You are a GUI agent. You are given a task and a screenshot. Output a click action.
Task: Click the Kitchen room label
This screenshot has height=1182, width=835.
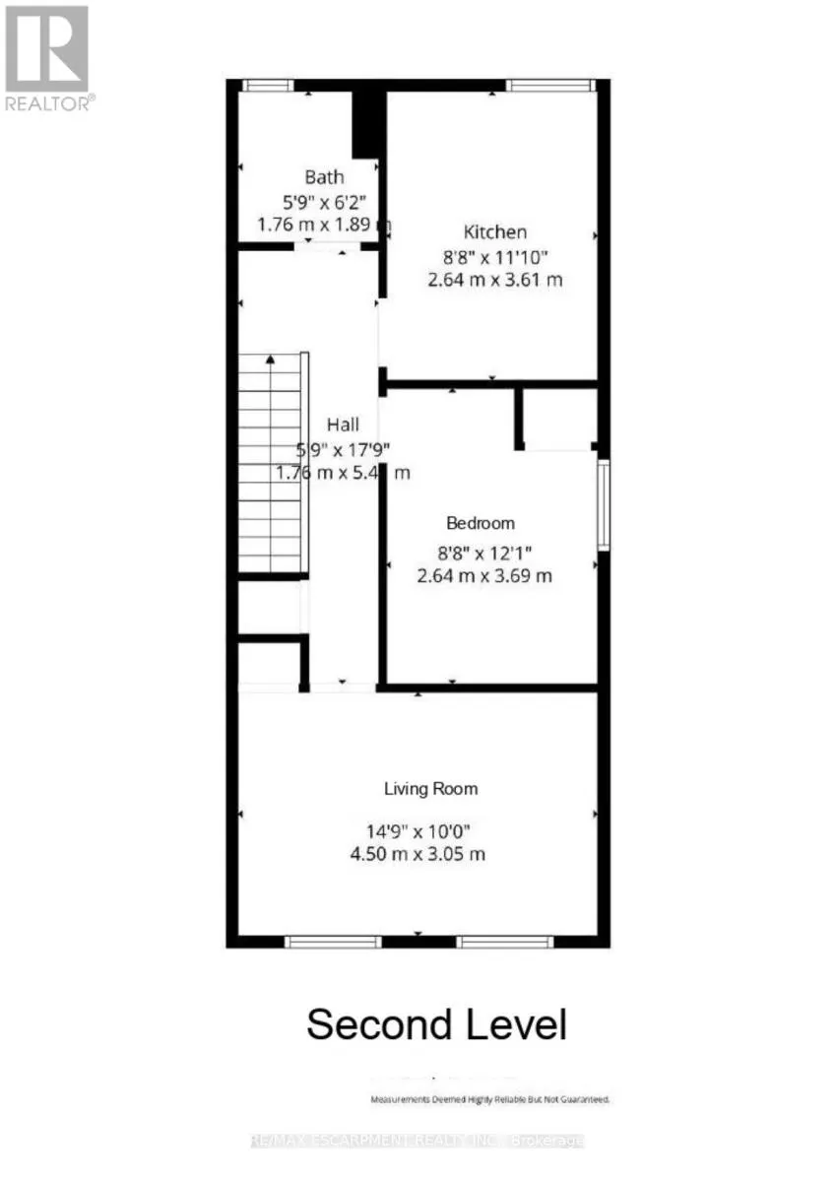point(495,232)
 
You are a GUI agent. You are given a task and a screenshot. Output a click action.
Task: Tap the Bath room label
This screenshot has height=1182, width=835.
point(324,177)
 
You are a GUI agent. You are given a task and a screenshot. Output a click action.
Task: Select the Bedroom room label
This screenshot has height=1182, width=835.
point(481,523)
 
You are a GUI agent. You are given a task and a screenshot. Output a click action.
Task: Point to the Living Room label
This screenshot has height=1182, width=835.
point(431,788)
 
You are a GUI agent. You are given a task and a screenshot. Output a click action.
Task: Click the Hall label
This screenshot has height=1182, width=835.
point(344,425)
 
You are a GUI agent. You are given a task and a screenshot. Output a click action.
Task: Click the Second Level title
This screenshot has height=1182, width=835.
point(436,1024)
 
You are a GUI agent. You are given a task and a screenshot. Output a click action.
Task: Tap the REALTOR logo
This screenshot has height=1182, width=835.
point(47,57)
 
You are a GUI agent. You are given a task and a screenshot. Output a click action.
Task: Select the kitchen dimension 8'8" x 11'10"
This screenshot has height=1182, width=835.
point(495,257)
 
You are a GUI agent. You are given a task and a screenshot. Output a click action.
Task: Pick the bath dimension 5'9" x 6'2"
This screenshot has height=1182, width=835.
point(324,202)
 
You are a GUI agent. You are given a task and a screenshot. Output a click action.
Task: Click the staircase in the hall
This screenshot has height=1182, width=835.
point(271,463)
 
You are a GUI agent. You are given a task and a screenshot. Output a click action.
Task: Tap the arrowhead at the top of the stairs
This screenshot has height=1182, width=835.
point(270,361)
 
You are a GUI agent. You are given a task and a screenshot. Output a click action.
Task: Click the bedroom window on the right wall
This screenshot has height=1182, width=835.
point(604,504)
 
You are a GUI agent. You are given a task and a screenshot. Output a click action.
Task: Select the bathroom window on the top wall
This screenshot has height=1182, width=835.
point(268,86)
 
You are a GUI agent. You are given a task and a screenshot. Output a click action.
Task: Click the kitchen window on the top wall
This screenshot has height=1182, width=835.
point(551,86)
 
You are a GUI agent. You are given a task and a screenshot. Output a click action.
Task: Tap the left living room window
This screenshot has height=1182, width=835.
point(332,943)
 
